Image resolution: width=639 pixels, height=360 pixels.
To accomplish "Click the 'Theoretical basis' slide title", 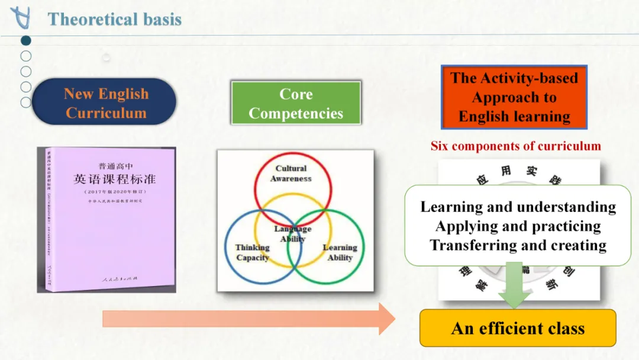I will point(114,19).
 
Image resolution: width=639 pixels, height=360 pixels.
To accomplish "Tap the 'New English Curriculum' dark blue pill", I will point(105,103).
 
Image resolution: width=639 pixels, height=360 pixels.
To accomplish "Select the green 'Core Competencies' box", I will point(296,104).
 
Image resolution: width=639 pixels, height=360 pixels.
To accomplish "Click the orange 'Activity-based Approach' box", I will point(514,97).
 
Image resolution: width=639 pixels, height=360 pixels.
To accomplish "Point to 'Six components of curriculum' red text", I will point(515,146).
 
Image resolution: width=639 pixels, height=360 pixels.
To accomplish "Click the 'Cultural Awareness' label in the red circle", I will point(291,173).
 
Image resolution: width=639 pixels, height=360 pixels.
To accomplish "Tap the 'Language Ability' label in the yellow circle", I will point(292,234).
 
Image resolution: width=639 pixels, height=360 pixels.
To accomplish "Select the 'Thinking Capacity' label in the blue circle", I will point(252,252).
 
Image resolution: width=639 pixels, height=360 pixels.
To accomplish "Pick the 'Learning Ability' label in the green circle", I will point(340,252).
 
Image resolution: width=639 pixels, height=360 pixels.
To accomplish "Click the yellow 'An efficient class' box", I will point(518,328).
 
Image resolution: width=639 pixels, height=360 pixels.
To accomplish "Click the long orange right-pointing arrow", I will point(248,319).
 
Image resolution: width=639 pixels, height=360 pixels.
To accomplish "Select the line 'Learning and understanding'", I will point(518,207).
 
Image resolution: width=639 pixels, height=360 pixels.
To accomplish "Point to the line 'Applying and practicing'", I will point(518,226).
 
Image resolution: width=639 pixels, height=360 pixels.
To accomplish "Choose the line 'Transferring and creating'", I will point(518,245).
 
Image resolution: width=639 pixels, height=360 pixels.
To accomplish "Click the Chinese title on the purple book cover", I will point(114,179).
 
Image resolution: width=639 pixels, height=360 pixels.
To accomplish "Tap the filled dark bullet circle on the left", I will point(26,41).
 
